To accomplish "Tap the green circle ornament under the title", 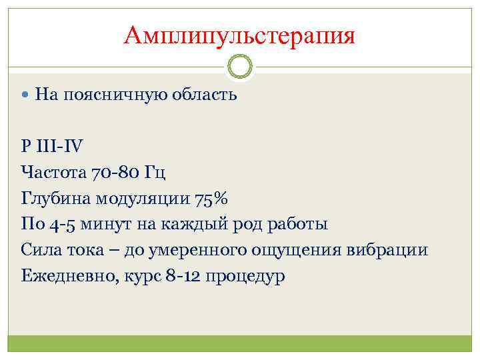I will (x=239, y=67).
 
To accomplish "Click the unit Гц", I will (x=155, y=173).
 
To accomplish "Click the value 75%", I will (x=212, y=199).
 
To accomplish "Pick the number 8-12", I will (x=185, y=275).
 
